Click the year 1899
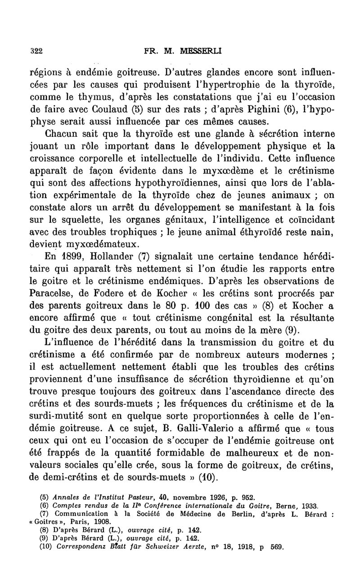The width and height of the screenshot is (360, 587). tap(72, 257)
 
